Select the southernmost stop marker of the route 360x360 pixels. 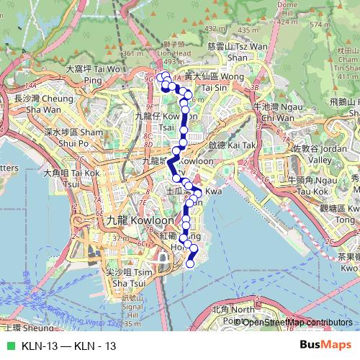[x=191, y=264]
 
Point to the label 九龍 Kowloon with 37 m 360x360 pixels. [x=130, y=221]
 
